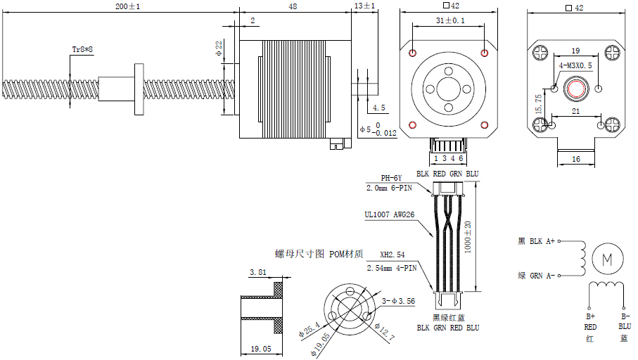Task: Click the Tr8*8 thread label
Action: [82, 50]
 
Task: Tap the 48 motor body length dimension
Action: [292, 6]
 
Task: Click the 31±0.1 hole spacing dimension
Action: [450, 21]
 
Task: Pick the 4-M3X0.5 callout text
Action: [575, 65]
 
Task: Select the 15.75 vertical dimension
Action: [538, 105]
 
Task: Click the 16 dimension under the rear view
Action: [576, 160]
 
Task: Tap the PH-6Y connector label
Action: [390, 179]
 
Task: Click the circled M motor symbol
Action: [606, 259]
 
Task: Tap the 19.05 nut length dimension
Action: [260, 349]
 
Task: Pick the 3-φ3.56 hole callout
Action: [398, 301]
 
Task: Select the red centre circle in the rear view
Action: [577, 89]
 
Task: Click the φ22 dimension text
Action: [219, 49]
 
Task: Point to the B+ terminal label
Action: [590, 316]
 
